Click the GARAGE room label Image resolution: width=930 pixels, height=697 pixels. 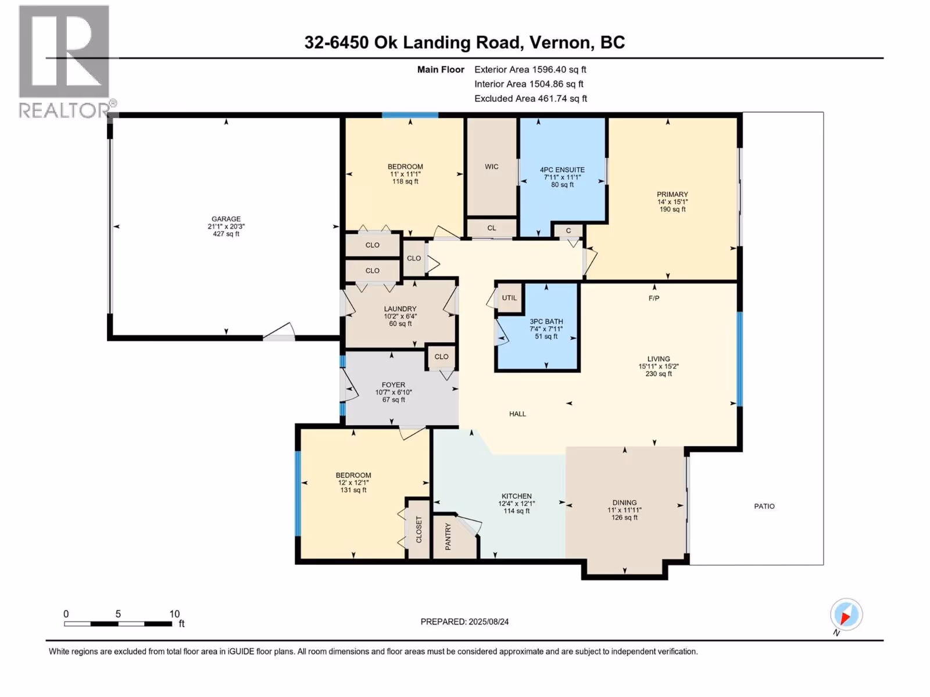[x=226, y=219]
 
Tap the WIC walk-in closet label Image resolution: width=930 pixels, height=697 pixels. [x=492, y=167]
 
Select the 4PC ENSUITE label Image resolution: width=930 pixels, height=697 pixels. [x=562, y=170]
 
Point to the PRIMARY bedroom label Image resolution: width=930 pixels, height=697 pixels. [x=673, y=194]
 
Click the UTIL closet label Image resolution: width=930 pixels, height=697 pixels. [x=509, y=298]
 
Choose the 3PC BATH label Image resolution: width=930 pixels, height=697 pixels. [x=546, y=322]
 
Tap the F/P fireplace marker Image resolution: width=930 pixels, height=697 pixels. [x=654, y=299]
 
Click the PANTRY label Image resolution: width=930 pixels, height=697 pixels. [x=448, y=537]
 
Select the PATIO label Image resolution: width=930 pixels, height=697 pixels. [x=764, y=506]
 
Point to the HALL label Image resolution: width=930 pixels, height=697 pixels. [x=517, y=414]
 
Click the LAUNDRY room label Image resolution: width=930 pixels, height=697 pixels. [x=400, y=309]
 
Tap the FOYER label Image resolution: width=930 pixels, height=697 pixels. [x=393, y=385]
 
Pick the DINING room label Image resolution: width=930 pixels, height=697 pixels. [x=624, y=503]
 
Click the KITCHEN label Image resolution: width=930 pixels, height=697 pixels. [x=517, y=496]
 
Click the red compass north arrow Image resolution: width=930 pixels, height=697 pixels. [x=845, y=617]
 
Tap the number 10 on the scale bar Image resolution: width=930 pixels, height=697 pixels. [x=174, y=613]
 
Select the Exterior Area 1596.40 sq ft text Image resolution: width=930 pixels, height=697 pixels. [x=530, y=69]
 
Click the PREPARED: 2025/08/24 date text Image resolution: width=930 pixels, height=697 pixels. [x=464, y=621]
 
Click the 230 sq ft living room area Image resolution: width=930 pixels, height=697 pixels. [x=659, y=373]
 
